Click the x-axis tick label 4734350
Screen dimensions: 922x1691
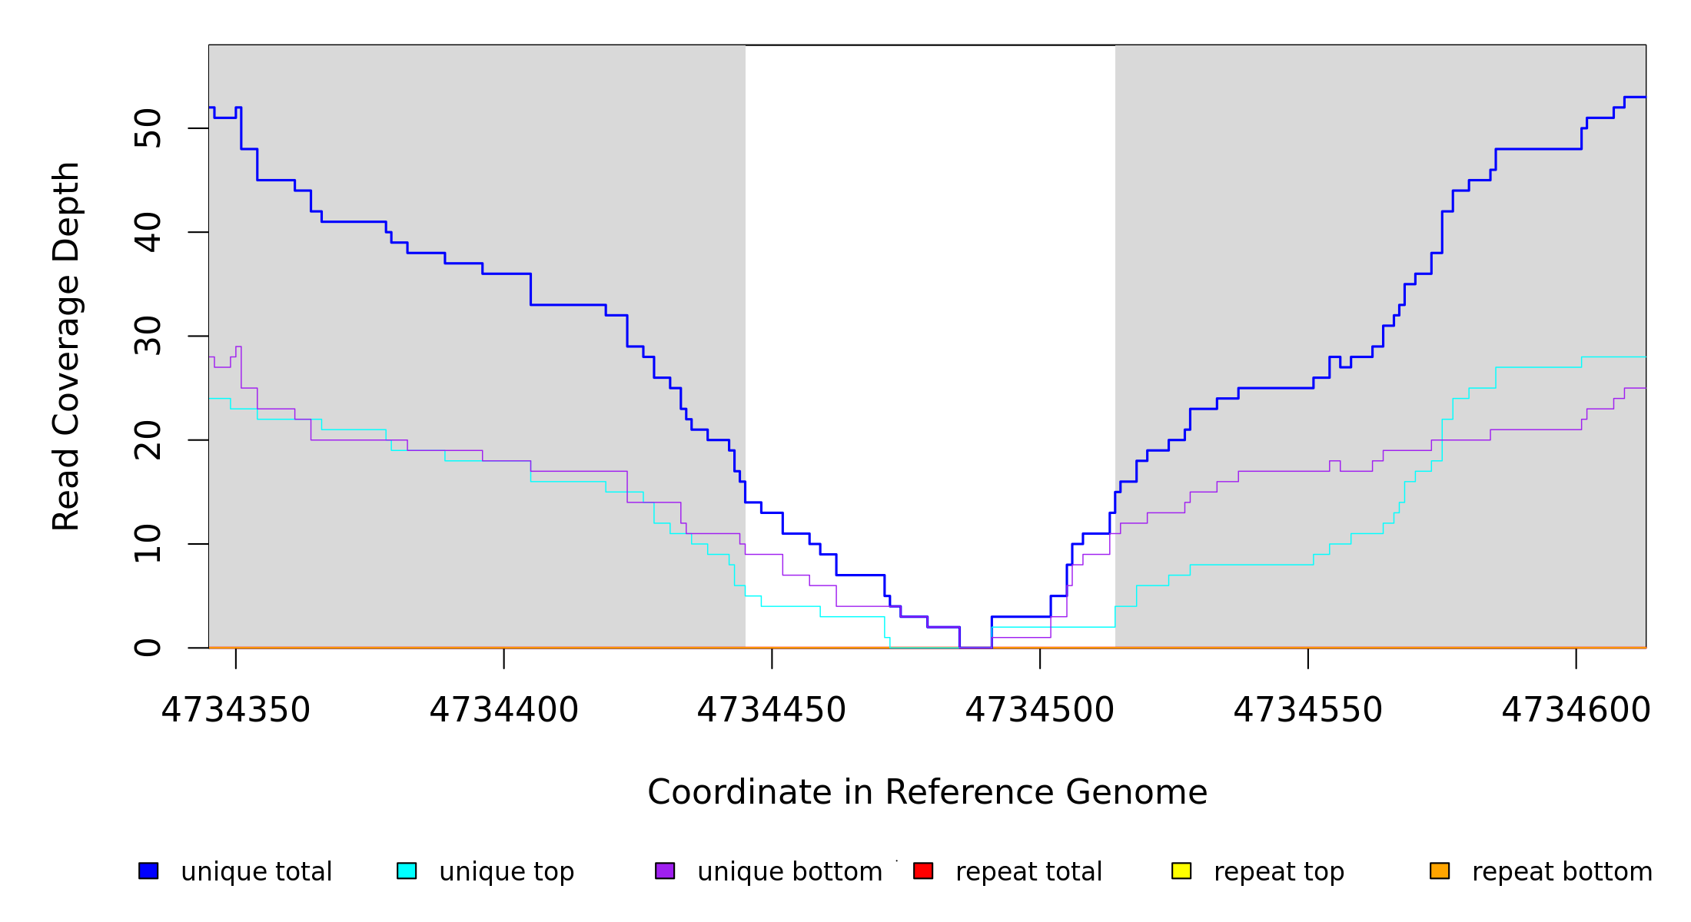click(235, 711)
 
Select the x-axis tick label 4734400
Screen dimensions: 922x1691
click(503, 711)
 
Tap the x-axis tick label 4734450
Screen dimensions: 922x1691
click(772, 711)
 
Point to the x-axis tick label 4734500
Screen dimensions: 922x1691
click(1039, 711)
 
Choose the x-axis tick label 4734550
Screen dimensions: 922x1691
click(1307, 711)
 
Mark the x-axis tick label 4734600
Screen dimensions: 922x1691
click(1576, 711)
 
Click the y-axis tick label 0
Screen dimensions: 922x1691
click(148, 648)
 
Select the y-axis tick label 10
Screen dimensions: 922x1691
click(148, 544)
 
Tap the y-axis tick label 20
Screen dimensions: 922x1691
click(148, 440)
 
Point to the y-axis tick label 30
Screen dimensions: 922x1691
click(148, 336)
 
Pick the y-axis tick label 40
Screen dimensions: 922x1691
click(148, 232)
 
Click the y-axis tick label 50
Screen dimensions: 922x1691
click(148, 128)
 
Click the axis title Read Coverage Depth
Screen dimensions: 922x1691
click(66, 346)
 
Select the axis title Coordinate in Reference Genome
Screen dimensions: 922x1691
click(927, 793)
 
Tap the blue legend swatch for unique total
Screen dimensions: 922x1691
click(148, 871)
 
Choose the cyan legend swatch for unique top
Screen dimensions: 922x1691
click(407, 871)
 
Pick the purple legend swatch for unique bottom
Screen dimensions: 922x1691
click(665, 871)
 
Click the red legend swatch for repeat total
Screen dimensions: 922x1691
click(923, 871)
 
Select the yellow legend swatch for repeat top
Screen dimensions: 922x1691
click(1181, 871)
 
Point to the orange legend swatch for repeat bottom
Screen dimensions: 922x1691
click(1440, 871)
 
